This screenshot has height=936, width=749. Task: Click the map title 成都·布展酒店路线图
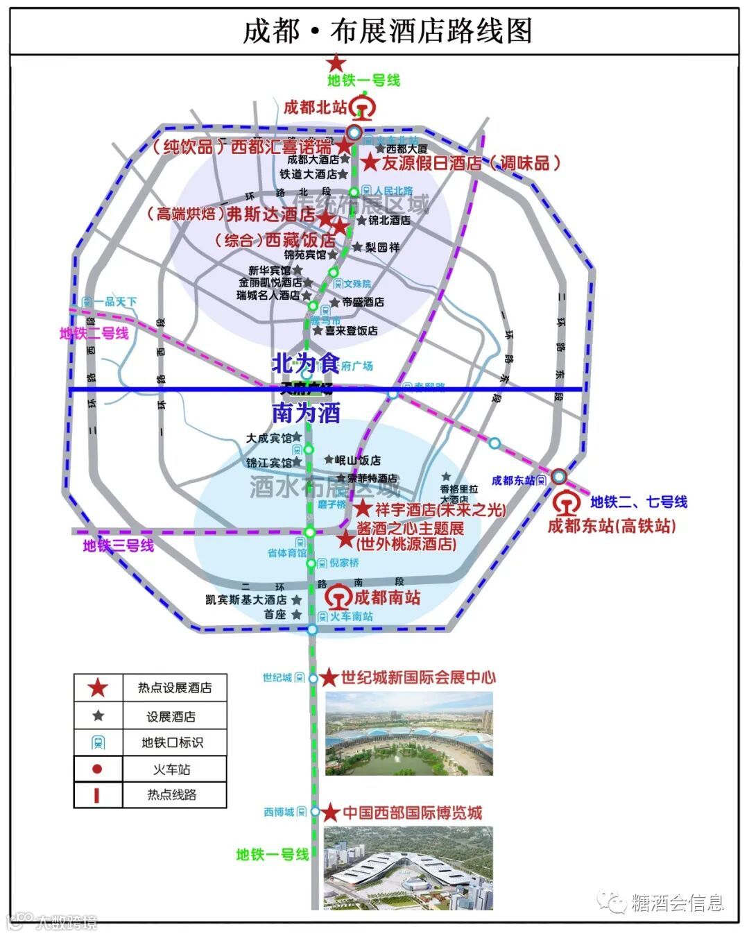point(387,31)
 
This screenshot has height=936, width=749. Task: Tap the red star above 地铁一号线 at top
point(336,62)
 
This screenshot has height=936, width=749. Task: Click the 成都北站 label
point(315,108)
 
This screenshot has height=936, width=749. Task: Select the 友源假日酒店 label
point(431,163)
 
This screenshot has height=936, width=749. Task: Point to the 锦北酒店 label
point(389,220)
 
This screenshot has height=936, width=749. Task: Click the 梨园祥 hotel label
point(382,246)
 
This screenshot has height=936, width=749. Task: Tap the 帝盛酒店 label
point(363,302)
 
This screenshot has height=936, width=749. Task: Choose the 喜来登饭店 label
point(352,331)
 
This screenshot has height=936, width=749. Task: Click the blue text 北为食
point(305,363)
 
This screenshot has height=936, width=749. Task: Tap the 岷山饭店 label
point(358,460)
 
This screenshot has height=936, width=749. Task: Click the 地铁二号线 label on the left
point(94,334)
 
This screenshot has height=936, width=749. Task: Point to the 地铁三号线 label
point(118,546)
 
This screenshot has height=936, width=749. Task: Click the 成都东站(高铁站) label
point(612,525)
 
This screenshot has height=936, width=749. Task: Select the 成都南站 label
point(387,597)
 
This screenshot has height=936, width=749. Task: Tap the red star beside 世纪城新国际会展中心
point(329,678)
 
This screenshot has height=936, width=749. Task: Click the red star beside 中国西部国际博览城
point(330,812)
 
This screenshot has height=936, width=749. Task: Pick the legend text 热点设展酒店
point(174,688)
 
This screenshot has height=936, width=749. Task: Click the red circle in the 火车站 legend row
point(97,769)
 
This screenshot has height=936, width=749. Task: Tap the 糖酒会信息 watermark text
point(678,902)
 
